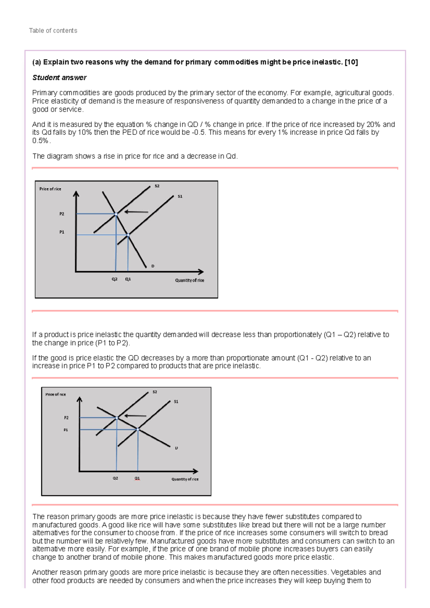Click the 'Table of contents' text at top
(53, 31)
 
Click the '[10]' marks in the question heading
(351, 62)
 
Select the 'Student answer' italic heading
(59, 78)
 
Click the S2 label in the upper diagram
(157, 186)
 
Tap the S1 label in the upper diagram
(180, 197)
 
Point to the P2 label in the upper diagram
(62, 214)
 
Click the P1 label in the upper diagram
(62, 232)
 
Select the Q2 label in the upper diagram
(114, 279)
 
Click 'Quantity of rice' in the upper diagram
(190, 280)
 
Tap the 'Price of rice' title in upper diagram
(50, 189)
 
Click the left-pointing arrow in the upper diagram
(136, 212)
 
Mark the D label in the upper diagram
(153, 266)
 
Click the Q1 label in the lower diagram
(137, 478)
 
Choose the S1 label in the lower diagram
(176, 402)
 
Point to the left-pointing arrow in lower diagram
(135, 416)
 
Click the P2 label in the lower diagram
(66, 418)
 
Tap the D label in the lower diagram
(176, 448)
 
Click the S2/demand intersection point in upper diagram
(116, 214)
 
